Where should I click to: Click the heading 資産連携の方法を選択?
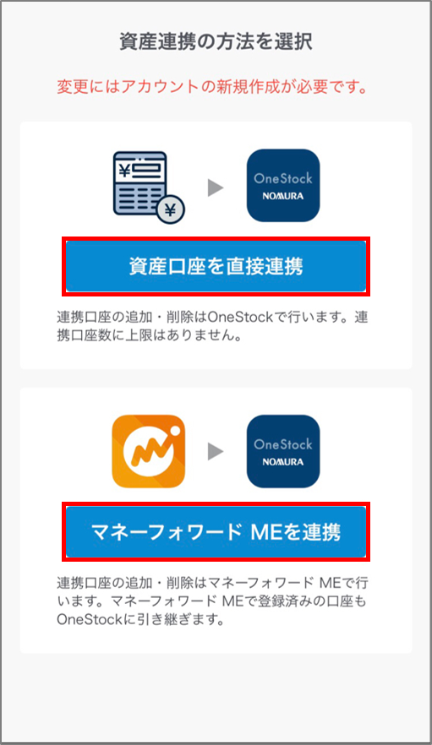coord(216,42)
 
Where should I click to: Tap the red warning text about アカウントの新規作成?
coord(212,87)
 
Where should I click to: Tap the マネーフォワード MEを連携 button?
coord(216,531)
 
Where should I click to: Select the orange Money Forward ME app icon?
coord(149,451)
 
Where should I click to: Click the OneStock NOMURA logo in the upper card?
coord(283,185)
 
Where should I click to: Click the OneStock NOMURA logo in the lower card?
coord(283,451)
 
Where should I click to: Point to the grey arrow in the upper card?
coord(216,188)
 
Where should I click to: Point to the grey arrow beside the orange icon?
coord(216,451)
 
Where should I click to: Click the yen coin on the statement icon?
coord(170,209)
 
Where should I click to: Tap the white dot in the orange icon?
coord(174,431)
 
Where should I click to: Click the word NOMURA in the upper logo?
coord(283,196)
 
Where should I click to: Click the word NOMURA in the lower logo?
coord(283,462)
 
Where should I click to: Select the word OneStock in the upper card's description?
coord(240,317)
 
